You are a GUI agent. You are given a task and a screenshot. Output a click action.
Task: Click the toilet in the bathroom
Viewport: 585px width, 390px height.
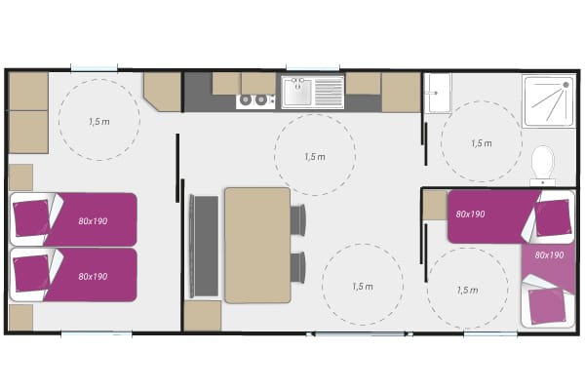pyautogui.click(x=543, y=164)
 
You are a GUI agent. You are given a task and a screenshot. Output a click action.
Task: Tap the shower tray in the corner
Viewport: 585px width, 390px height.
pyautogui.click(x=549, y=101)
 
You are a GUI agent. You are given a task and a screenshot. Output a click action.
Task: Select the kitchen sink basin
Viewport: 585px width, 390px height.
pyautogui.click(x=297, y=92)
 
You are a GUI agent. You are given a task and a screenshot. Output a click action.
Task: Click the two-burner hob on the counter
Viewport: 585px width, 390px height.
pyautogui.click(x=255, y=101)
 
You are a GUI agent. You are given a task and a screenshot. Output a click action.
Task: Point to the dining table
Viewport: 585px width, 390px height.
pyautogui.click(x=257, y=245)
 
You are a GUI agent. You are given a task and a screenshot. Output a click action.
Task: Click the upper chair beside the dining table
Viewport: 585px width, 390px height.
pyautogui.click(x=297, y=219)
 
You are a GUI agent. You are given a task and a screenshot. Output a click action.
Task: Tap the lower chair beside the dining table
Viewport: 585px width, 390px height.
pyautogui.click(x=297, y=267)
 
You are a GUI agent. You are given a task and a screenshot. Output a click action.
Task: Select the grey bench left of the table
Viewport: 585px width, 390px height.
pyautogui.click(x=204, y=247)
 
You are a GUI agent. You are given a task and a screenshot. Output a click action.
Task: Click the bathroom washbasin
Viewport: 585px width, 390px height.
pyautogui.click(x=438, y=93)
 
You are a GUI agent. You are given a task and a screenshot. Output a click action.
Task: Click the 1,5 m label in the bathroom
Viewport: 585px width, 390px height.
pyautogui.click(x=482, y=143)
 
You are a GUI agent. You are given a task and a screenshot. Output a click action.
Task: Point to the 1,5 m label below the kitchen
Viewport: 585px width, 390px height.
pyautogui.click(x=315, y=157)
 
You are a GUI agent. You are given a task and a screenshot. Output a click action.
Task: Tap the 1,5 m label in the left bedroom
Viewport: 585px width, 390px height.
pyautogui.click(x=99, y=121)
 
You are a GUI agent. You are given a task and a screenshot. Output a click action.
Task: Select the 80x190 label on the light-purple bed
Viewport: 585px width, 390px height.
pyautogui.click(x=549, y=255)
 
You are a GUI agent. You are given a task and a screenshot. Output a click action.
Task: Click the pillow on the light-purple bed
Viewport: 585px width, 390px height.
pyautogui.click(x=547, y=306)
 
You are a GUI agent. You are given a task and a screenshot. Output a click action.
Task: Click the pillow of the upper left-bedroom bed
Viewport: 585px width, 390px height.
pyautogui.click(x=31, y=218)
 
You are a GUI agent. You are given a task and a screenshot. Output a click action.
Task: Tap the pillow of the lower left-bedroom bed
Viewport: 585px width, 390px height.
pyautogui.click(x=31, y=274)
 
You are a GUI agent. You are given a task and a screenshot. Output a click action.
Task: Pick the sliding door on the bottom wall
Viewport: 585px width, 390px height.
pyautogui.click(x=360, y=334)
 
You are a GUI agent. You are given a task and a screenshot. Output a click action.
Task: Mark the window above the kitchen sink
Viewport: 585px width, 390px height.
pyautogui.click(x=313, y=68)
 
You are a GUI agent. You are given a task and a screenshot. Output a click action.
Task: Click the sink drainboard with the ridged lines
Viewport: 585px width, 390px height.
pyautogui.click(x=329, y=93)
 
